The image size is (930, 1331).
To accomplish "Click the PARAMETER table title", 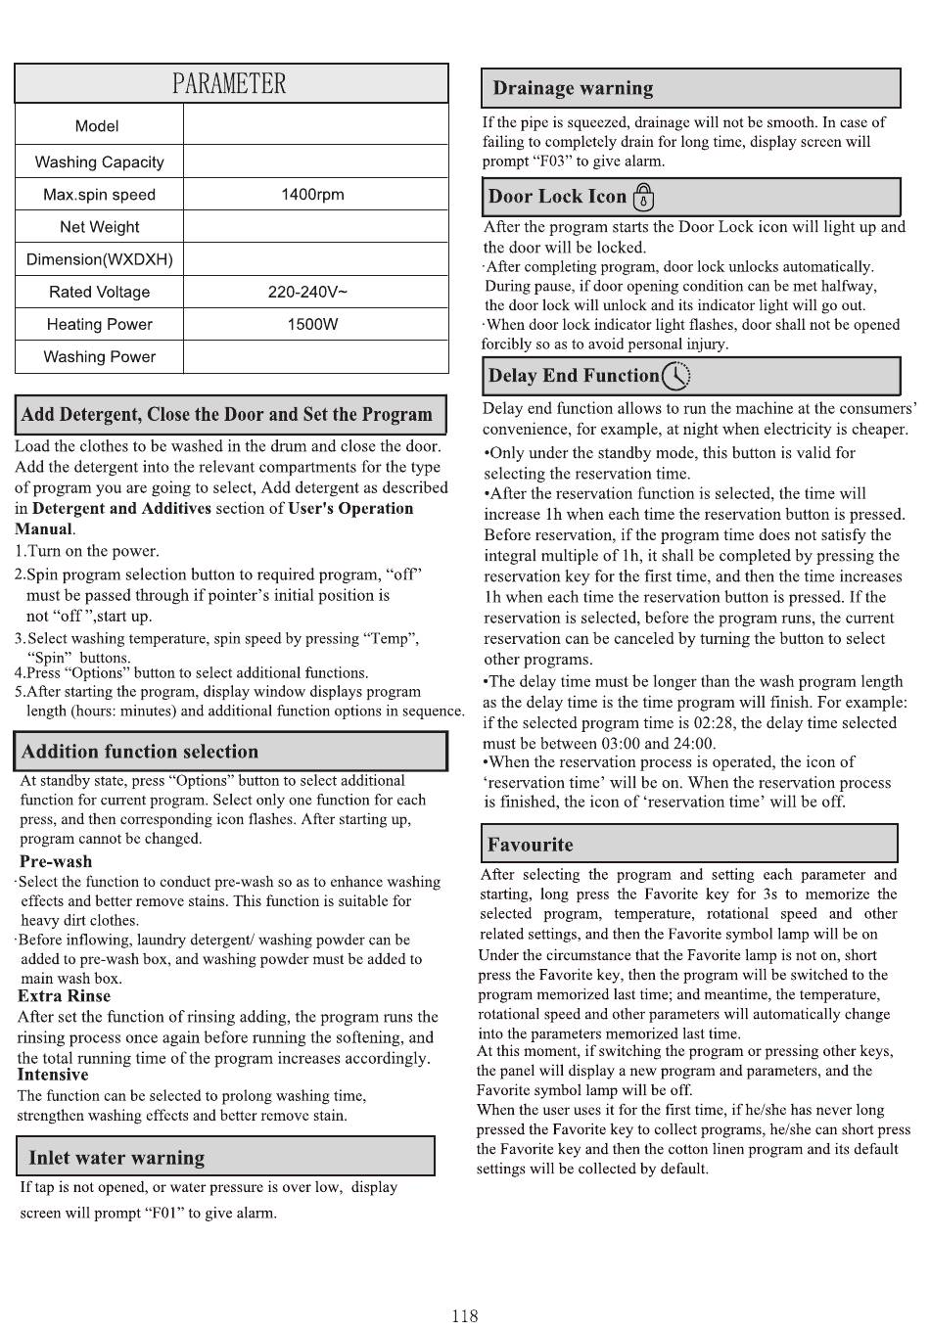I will pos(230,84).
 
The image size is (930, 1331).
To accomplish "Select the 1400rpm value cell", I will pos(312,194).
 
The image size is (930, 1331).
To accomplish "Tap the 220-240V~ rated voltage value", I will pos(307,292).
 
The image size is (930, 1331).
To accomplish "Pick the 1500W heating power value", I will pos(312,324).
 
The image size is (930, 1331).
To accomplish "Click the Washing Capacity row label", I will pos(99,161).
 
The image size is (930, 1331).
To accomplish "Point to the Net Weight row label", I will pos(99,227).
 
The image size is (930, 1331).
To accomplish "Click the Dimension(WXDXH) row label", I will pos(99,259).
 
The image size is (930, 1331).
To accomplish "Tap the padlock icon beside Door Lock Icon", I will pos(643,198).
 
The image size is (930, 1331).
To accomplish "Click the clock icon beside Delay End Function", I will pos(675,376).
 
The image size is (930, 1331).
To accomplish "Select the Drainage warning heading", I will pos(573,88).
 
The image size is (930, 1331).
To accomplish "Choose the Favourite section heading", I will pos(531,845).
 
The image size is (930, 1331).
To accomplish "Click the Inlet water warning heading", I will pos(116,1158).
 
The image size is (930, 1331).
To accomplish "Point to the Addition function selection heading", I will pos(140,752).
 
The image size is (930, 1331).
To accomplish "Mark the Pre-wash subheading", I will pos(56,861).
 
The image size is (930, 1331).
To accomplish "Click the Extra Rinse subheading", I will pos(65,996).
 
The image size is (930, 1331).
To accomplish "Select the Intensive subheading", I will pos(53,1075).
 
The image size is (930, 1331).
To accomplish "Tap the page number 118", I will pos(465,1316).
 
